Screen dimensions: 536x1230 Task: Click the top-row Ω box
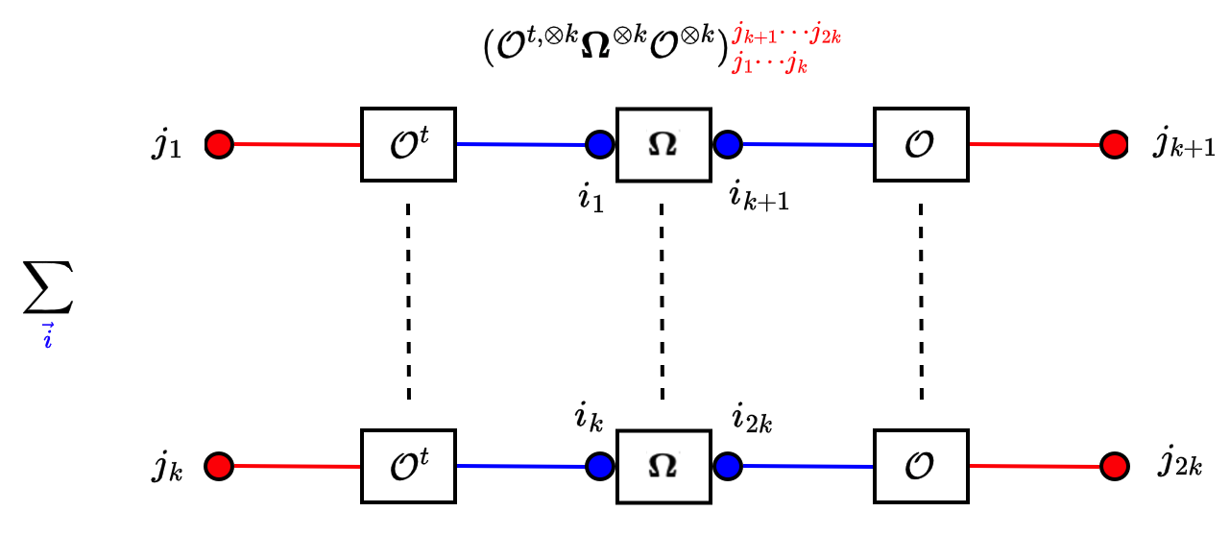pos(663,145)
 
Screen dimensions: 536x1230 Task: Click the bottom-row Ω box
pos(663,466)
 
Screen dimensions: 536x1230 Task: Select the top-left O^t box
pos(408,145)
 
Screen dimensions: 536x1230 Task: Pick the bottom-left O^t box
pos(408,466)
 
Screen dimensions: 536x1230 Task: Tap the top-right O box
pos(921,145)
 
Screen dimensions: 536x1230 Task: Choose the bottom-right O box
pos(921,466)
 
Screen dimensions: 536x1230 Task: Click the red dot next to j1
pos(220,145)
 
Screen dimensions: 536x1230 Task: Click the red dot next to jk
pos(220,466)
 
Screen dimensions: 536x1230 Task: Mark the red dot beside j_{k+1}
pos(1115,145)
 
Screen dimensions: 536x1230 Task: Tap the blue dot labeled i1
pos(601,145)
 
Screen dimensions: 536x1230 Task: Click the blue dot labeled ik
pos(601,466)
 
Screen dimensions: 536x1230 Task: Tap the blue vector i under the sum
pos(47,338)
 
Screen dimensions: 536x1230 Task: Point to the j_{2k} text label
pos(1179,467)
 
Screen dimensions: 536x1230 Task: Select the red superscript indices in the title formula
pos(786,39)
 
